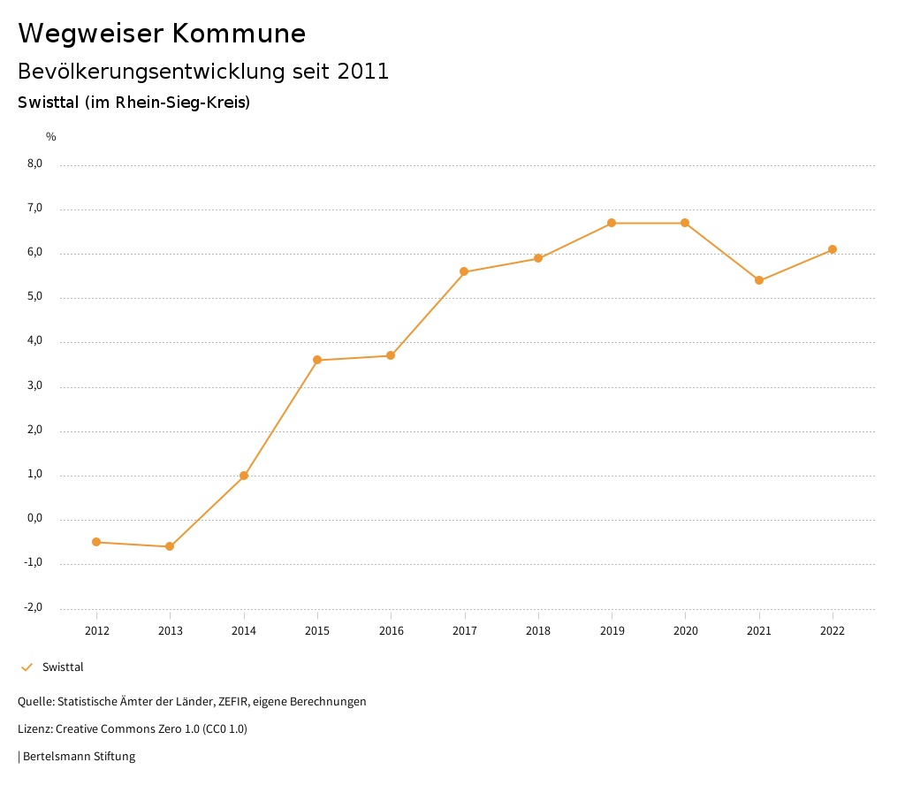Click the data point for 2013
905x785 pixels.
170,546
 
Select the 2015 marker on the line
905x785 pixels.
317,360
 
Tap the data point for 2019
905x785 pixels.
612,223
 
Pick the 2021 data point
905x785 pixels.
759,280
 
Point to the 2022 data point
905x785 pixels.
833,249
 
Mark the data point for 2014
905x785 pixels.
244,476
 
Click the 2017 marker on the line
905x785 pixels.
465,271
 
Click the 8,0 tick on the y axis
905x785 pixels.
35,164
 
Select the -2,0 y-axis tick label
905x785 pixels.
34,607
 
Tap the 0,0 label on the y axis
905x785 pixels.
35,519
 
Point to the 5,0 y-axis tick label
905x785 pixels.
35,297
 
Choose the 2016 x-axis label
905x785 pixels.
391,631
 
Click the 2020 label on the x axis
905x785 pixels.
686,631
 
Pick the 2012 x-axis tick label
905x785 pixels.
96,631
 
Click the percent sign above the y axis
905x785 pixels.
51,136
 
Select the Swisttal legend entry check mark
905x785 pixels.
27,667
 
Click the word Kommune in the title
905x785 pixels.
239,33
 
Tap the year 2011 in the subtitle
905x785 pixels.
363,71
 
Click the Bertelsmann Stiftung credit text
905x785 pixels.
79,757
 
